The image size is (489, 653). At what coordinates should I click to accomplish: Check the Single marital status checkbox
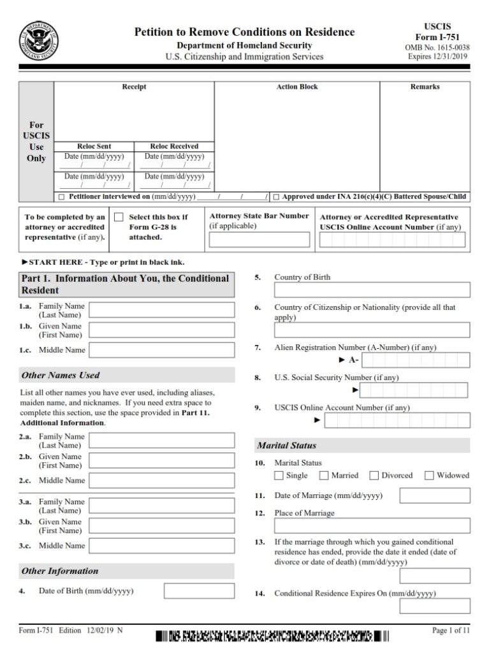point(279,475)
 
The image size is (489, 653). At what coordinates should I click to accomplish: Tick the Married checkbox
point(324,475)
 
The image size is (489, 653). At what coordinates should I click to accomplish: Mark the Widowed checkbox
point(429,475)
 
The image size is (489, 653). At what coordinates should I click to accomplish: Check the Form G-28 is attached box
point(119,217)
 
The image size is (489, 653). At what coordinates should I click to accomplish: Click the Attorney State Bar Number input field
point(259,240)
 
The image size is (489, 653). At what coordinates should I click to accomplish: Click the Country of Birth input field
point(372,290)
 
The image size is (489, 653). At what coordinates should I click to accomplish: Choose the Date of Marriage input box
point(435,495)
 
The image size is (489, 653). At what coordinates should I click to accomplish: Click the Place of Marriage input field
point(372,525)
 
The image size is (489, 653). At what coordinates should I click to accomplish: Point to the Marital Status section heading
point(286,445)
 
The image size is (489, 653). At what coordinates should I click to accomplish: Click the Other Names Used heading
point(61,375)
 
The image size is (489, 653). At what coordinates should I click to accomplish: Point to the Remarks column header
point(425,87)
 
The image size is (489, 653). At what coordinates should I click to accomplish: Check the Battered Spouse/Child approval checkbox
point(276,197)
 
